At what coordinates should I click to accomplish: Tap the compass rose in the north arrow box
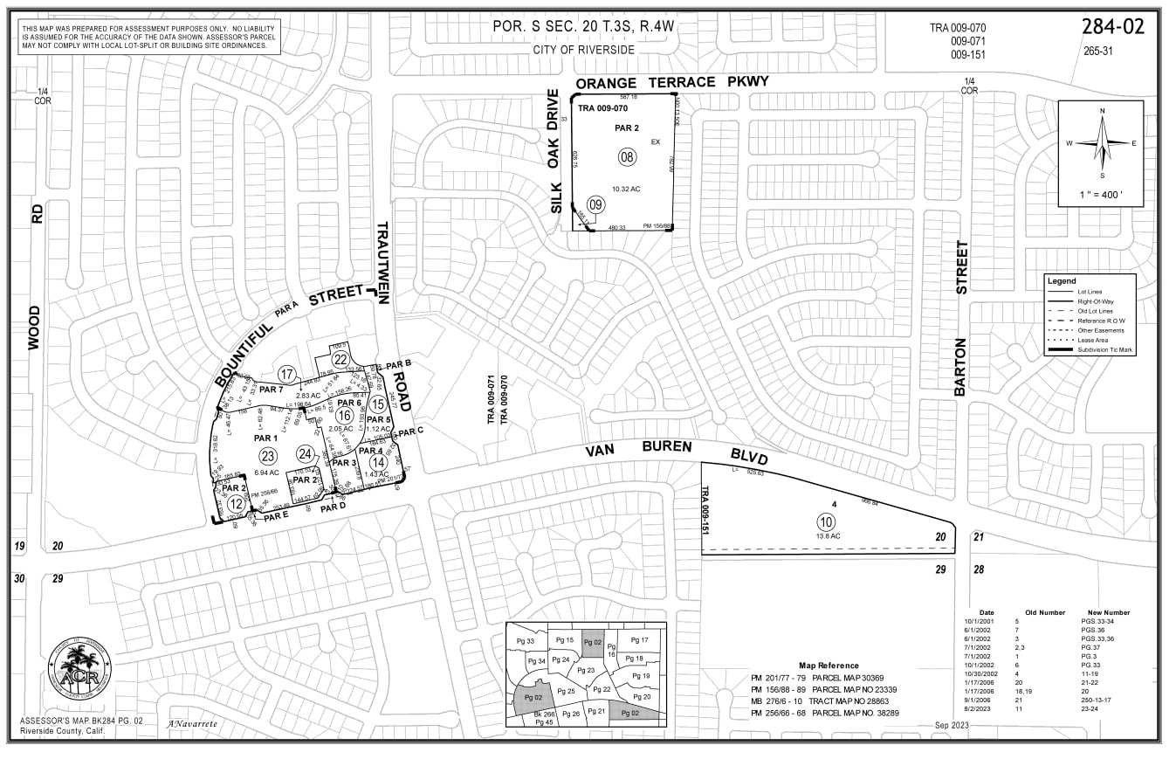point(1102,143)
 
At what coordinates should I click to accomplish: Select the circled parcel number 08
point(627,157)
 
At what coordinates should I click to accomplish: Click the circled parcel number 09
point(596,204)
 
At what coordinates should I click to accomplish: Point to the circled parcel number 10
point(827,521)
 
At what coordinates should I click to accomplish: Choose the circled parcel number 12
point(236,503)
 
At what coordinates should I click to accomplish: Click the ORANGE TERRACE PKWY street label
point(671,82)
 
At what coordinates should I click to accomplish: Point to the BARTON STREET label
point(961,319)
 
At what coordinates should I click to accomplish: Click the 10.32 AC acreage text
point(626,189)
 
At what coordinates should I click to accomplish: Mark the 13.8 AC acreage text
point(828,535)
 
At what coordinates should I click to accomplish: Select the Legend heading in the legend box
point(1062,281)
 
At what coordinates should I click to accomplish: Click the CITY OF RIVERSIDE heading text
point(584,50)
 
